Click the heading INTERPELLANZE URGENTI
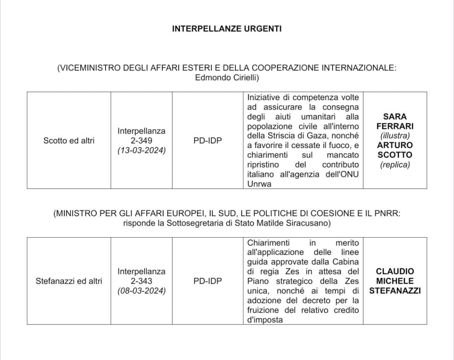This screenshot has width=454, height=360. click(x=227, y=29)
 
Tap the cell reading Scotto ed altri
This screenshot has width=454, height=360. click(x=69, y=141)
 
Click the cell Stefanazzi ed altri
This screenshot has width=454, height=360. click(x=69, y=281)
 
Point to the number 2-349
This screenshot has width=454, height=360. click(x=141, y=141)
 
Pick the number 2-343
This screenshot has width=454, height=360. click(x=141, y=281)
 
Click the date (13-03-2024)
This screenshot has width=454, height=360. click(x=141, y=150)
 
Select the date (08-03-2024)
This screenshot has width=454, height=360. click(x=141, y=291)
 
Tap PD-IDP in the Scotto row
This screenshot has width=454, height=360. click(x=208, y=141)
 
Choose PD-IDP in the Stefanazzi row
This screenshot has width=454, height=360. click(x=208, y=281)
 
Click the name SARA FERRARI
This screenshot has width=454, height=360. click(x=395, y=121)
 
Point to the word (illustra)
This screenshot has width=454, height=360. click(x=395, y=136)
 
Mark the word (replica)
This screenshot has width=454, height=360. click(x=395, y=164)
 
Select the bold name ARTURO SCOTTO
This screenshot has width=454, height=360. click(x=395, y=150)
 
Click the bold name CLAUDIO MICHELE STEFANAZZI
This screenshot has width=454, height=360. click(x=395, y=281)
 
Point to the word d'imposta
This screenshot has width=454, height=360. click(x=265, y=320)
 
